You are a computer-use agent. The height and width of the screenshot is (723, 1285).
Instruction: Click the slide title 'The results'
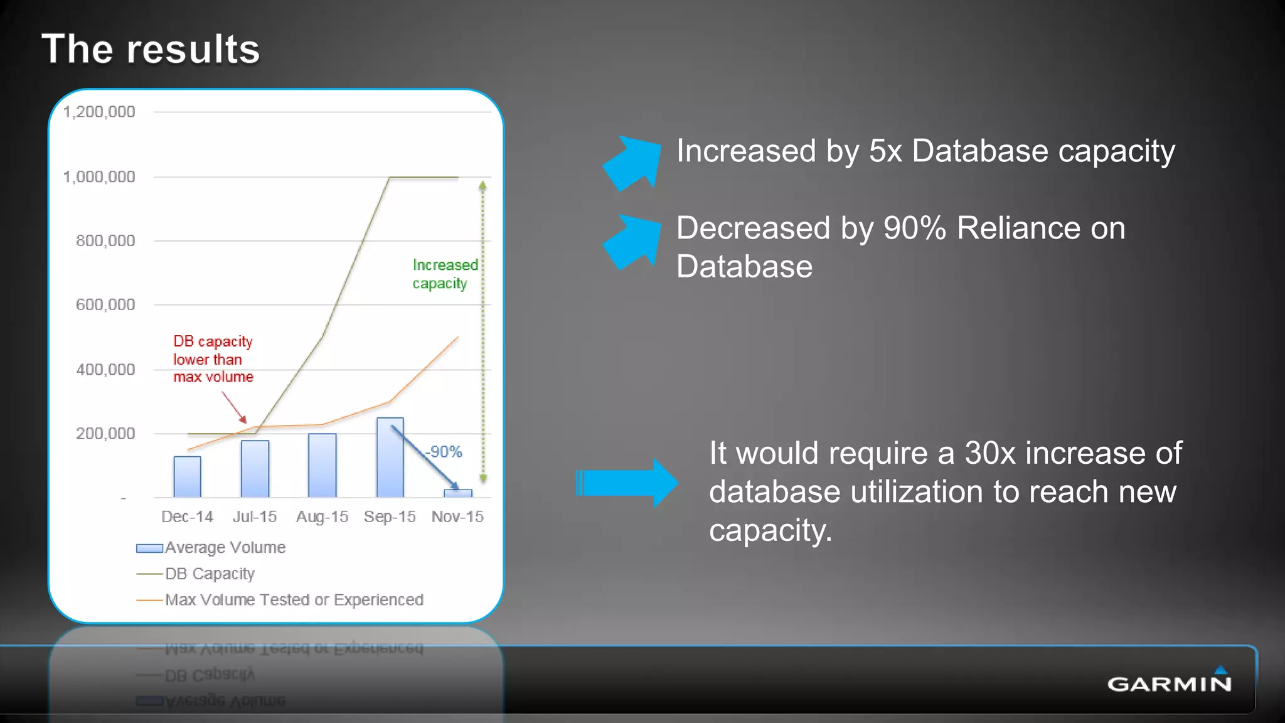151,49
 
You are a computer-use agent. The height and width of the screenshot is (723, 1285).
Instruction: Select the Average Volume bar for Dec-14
187,477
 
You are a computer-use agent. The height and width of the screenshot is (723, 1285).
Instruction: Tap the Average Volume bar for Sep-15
390,458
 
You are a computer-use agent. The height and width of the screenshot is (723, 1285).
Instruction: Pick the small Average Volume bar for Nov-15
458,493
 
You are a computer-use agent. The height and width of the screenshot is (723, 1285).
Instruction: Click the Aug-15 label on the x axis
322,517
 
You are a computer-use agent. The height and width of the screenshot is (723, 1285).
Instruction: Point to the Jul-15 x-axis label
255,517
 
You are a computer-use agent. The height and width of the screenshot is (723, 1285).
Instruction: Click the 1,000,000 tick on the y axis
99,177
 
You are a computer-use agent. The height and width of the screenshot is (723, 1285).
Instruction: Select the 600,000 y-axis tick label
105,305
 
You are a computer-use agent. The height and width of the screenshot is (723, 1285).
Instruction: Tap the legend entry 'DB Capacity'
210,574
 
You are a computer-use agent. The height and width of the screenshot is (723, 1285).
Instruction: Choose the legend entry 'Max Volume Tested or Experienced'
294,600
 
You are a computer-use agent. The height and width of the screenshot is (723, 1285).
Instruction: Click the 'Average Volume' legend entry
225,548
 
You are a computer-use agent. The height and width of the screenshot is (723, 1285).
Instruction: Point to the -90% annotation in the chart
444,452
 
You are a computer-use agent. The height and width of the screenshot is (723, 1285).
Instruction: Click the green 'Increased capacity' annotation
444,274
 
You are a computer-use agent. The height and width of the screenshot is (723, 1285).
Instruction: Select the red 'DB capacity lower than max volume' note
213,359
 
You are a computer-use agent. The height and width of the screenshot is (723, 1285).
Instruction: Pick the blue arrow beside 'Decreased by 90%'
632,242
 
